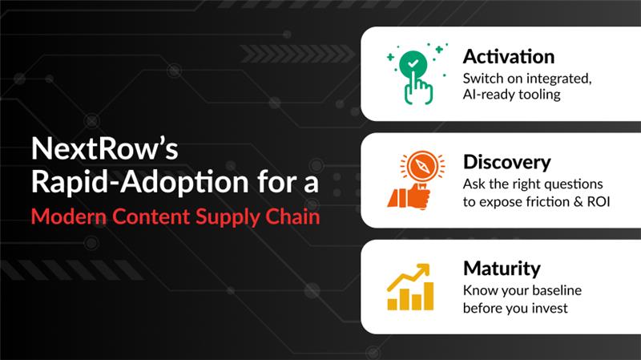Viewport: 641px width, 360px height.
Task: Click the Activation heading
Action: (508, 57)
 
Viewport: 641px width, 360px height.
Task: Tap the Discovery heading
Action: (506, 162)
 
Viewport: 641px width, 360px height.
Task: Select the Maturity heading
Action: (502, 268)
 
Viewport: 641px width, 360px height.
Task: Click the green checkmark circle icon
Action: (412, 63)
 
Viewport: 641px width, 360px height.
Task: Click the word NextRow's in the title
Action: (90, 150)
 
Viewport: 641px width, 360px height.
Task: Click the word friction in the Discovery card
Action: (542, 201)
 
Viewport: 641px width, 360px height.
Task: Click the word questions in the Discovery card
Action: (570, 183)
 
